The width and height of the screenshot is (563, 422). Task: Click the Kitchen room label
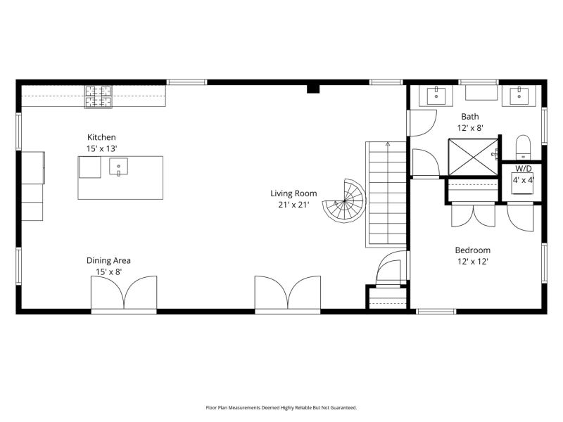point(101,137)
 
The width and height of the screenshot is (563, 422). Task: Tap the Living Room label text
point(293,193)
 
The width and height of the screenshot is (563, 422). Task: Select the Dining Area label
point(108,260)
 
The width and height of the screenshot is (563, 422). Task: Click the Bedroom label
point(472,250)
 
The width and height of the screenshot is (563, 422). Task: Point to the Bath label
point(470,117)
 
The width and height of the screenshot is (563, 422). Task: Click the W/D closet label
point(524,168)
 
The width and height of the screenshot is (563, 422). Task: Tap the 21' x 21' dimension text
point(293,205)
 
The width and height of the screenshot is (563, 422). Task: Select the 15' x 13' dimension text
point(101,148)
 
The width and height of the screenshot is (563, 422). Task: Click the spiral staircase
point(344,201)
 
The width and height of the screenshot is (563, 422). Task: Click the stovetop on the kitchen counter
point(99,96)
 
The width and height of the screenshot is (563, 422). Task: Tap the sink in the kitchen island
point(118,167)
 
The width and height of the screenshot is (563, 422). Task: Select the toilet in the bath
point(523,147)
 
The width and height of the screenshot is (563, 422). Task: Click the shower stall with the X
point(473,157)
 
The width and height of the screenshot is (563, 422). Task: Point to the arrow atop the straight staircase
point(388,144)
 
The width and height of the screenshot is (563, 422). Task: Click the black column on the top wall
point(313,89)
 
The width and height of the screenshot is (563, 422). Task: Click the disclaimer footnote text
point(281,408)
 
